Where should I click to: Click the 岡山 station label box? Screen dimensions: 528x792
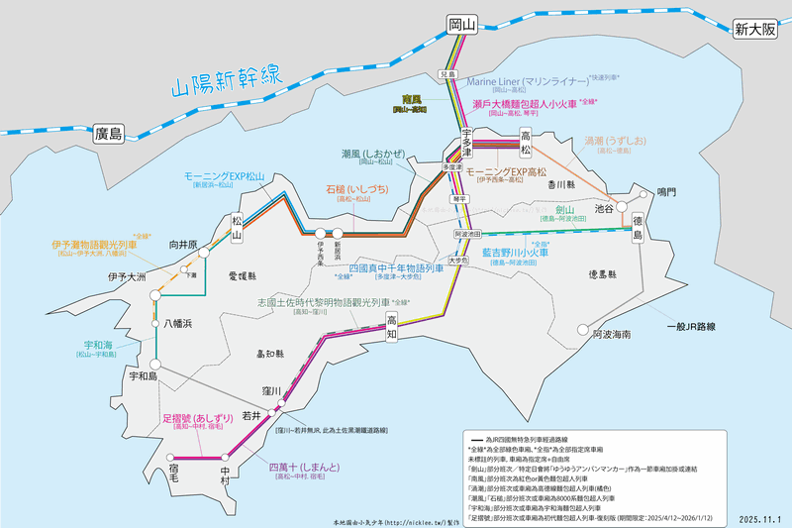pyautogui.click(x=456, y=24)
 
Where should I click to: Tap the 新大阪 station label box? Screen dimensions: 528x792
pyautogui.click(x=756, y=30)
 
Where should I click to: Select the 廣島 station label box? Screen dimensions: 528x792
pyautogui.click(x=102, y=133)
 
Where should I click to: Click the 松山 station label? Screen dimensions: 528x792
pyautogui.click(x=237, y=227)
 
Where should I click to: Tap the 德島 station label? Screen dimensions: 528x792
pyautogui.click(x=638, y=229)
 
